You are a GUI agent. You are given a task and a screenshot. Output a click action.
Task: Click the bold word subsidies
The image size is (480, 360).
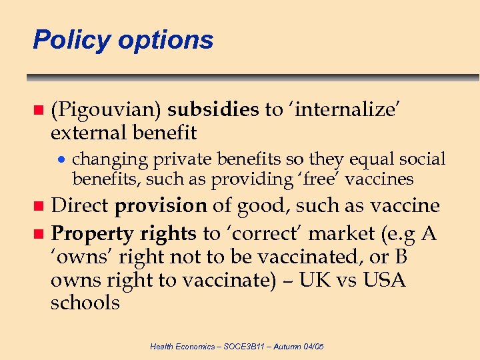213,109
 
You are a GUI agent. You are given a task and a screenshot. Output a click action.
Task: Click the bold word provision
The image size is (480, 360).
161,206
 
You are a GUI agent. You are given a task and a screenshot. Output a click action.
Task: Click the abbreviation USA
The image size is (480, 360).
384,280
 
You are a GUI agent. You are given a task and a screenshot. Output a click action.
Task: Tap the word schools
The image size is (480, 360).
85,303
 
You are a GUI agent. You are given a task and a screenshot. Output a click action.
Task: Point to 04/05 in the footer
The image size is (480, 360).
311,347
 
